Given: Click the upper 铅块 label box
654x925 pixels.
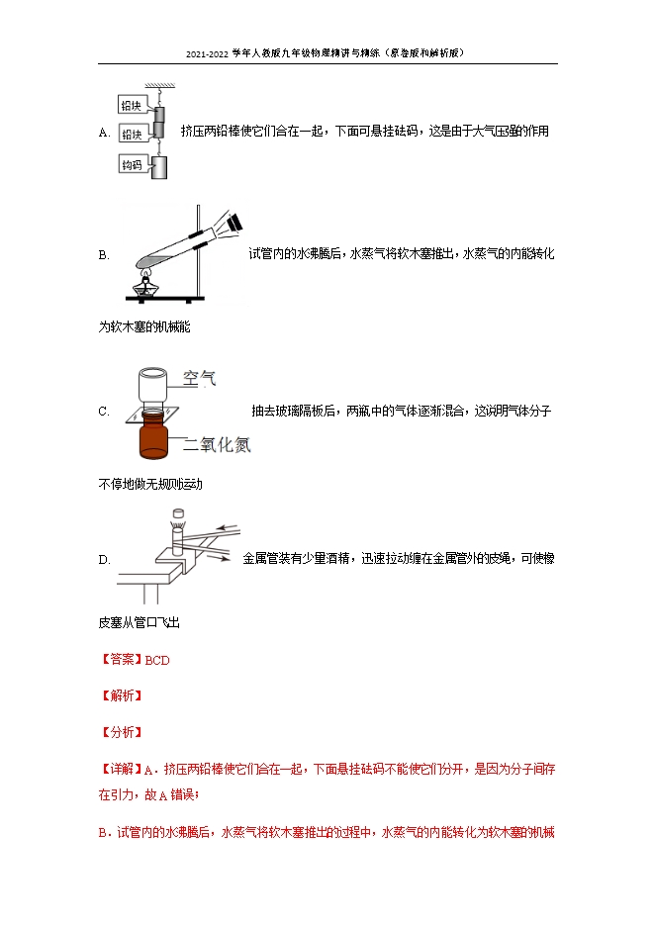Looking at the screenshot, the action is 132,106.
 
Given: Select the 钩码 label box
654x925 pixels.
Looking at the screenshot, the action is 132,164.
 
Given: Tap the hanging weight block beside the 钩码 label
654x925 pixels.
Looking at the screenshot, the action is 160,167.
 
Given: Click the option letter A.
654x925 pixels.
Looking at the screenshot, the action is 104,133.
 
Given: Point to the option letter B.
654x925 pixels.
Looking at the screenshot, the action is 104,255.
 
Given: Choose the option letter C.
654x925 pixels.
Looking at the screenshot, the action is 104,412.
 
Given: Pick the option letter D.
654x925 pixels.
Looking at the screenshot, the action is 104,559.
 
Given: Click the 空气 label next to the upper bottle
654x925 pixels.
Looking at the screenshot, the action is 199,378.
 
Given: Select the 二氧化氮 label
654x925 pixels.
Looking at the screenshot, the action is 218,444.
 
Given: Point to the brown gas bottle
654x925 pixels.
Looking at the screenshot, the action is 153,436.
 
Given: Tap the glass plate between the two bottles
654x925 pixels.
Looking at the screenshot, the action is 152,415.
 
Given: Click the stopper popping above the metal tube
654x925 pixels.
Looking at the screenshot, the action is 178,513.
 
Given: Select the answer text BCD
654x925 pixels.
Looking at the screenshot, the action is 157,660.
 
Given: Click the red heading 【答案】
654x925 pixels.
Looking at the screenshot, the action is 121,660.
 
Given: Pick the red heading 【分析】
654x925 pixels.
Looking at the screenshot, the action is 121,732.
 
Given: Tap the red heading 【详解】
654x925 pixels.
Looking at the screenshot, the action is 121,769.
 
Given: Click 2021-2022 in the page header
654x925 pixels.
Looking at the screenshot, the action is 207,54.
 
